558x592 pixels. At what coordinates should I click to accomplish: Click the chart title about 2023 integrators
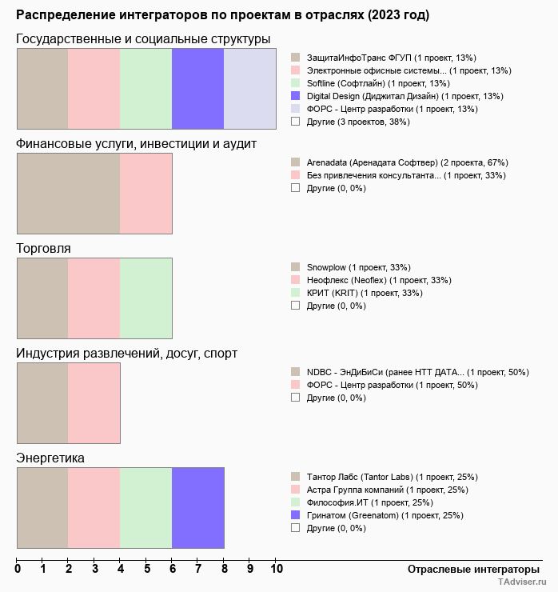pos(223,15)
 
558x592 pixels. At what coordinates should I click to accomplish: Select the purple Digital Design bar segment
pos(197,88)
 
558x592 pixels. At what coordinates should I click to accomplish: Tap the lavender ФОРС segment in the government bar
pos(249,88)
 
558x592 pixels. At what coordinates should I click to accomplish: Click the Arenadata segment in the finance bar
pos(68,193)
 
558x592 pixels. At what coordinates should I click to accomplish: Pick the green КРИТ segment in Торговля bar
pos(145,298)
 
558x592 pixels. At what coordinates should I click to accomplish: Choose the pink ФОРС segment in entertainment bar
pos(94,402)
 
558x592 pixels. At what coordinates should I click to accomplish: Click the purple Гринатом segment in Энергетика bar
pos(197,507)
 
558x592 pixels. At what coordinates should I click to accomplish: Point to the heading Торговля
pos(43,248)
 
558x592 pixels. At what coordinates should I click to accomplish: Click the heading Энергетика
pos(50,458)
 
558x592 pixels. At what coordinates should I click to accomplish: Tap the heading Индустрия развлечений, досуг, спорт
pos(126,353)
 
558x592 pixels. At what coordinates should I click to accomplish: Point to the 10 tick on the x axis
pos(277,570)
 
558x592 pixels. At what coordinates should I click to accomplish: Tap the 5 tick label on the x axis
pos(147,570)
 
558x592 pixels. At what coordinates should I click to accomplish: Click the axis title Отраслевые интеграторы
pos(468,569)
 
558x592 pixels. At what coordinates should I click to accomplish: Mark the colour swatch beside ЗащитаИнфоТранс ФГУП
pos(296,58)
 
